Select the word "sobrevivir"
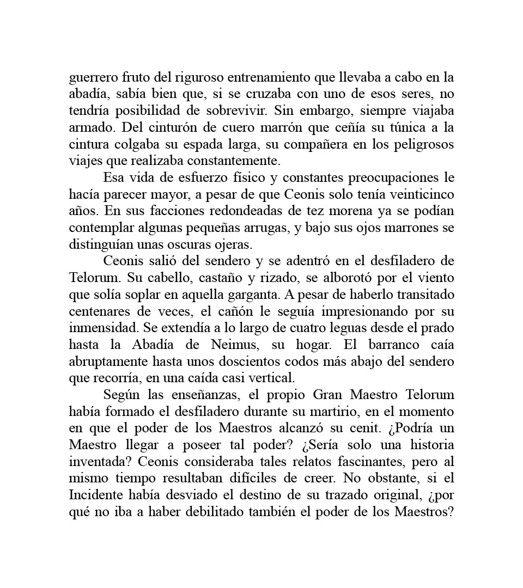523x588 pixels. [x=240, y=111]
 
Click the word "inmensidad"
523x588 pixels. [x=100, y=328]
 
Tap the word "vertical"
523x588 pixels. [x=275, y=378]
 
